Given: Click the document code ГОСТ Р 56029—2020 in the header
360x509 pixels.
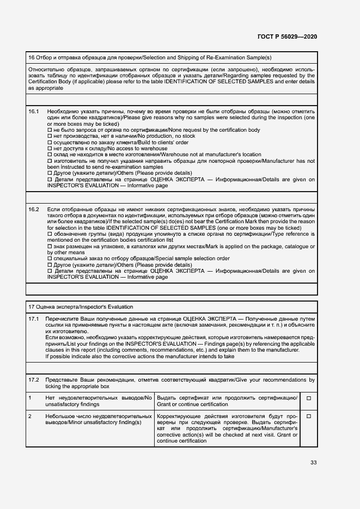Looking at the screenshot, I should pos(287,36).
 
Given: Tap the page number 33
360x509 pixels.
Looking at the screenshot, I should pos(313,463).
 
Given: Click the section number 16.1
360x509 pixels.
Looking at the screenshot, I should pos(33,111).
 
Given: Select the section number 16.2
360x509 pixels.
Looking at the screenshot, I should pos(33,209).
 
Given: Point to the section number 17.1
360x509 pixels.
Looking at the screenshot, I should pos(33,318).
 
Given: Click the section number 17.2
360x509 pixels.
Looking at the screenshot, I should pos(33,379).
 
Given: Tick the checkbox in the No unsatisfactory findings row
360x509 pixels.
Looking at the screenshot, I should pos(308,398).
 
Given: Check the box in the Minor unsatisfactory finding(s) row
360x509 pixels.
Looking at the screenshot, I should pos(308,416).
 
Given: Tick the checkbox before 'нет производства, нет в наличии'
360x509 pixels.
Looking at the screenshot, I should pos(49,136).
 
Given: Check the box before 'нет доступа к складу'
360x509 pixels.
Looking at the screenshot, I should pos(49,148).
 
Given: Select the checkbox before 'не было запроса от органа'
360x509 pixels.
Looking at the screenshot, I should pos(49,130).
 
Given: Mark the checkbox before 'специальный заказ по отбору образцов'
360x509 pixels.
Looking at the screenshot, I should pos(49,259).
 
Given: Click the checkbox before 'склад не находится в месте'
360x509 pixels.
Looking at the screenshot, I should pos(49,155).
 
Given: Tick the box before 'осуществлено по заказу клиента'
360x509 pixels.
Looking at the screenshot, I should pos(49,142).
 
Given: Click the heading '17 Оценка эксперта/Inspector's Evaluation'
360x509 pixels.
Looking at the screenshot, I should pos(81,306).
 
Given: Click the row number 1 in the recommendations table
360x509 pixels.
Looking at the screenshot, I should pos(30,398).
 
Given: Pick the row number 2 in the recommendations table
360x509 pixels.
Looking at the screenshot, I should pos(30,416).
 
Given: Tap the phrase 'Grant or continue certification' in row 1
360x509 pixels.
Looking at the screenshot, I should pos(192,404).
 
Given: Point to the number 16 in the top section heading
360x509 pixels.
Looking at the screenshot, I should pos(31,57).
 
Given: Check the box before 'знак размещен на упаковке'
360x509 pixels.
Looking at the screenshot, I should pos(49,247).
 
